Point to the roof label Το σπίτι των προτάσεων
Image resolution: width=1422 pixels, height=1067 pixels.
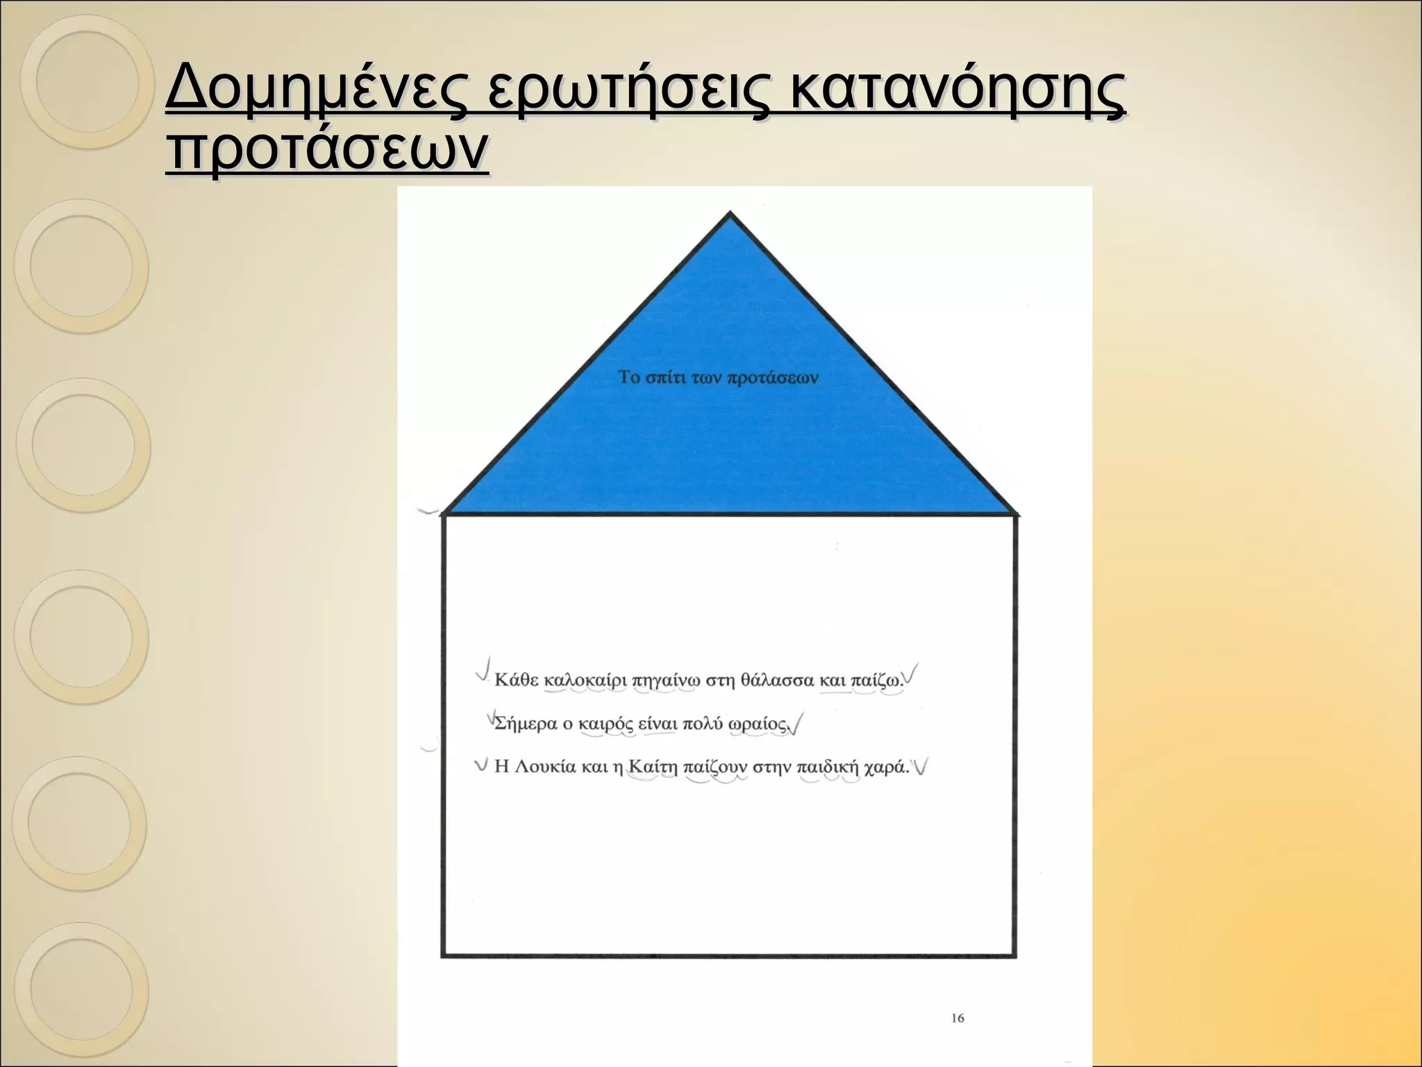[x=718, y=378]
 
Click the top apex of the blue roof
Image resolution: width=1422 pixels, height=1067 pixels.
[x=729, y=214]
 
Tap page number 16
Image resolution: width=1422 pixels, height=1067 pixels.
[x=957, y=1018]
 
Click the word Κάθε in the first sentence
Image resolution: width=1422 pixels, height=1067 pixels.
[x=516, y=680]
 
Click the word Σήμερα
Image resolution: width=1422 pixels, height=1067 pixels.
[x=525, y=724]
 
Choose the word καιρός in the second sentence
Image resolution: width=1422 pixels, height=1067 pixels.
[x=605, y=725]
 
